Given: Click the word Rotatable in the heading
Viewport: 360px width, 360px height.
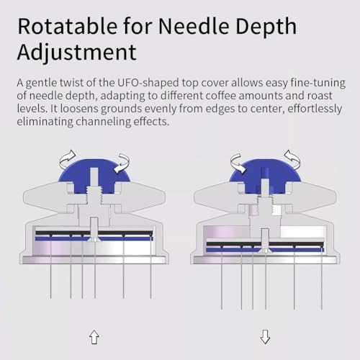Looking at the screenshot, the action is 68,26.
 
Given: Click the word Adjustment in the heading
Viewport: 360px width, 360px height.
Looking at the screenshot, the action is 77,53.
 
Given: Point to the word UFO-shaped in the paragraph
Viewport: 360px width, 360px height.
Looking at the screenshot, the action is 148,84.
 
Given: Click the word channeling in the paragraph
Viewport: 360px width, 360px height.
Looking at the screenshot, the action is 103,122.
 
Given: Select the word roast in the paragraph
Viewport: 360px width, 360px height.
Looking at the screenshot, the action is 320,96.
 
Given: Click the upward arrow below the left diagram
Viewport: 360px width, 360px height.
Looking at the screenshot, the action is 94,337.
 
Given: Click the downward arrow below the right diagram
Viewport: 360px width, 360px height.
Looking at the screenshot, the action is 265,337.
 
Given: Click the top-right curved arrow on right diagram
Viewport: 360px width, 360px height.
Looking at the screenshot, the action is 293,158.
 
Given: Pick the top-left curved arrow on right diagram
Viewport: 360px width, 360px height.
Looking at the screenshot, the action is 238,163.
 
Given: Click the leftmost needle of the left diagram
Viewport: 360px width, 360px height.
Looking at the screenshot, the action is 51,269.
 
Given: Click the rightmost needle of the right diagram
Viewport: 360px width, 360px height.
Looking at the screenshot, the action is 322,280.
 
